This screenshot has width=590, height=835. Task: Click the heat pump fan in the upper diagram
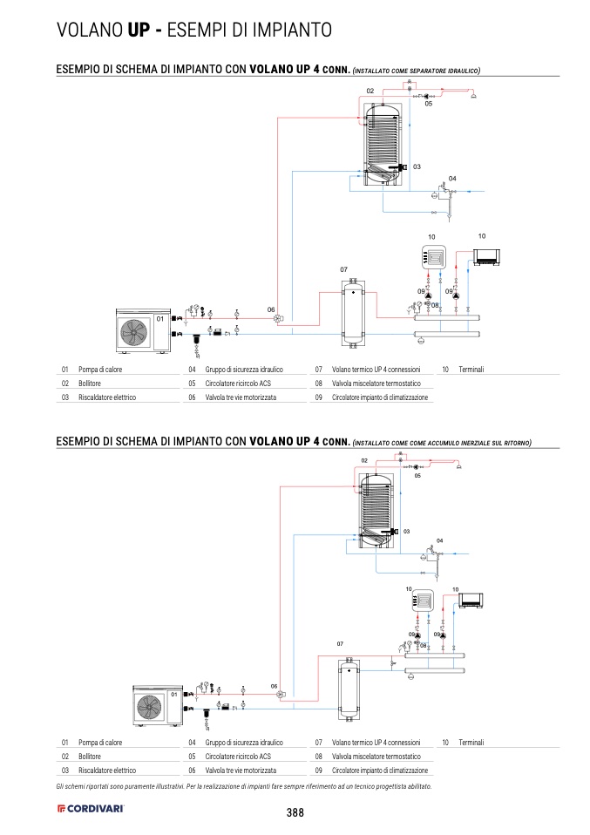click(x=132, y=332)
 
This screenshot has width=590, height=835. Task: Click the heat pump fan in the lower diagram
click(x=149, y=708)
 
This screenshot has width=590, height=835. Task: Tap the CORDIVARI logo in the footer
click(x=91, y=808)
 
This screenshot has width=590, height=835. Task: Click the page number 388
click(x=295, y=812)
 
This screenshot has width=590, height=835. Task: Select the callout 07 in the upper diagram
click(x=343, y=269)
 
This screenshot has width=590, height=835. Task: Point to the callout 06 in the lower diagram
click(x=274, y=687)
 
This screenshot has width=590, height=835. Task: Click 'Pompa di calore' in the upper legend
click(x=100, y=370)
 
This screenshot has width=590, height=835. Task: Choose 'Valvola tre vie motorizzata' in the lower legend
click(x=241, y=770)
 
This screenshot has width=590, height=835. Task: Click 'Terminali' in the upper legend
click(x=471, y=370)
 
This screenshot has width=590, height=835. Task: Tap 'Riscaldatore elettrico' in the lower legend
click(x=107, y=770)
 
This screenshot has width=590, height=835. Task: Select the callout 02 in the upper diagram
click(x=370, y=91)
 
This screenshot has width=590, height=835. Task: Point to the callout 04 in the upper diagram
click(x=452, y=179)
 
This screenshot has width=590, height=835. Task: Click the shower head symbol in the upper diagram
click(x=473, y=96)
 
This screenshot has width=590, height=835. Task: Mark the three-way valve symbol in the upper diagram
click(x=278, y=318)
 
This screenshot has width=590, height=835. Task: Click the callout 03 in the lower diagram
click(x=406, y=532)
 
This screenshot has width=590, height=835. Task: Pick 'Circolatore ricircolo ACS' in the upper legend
click(x=238, y=384)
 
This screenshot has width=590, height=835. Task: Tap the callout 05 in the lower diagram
click(x=417, y=476)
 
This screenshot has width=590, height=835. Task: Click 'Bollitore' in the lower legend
click(x=90, y=757)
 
